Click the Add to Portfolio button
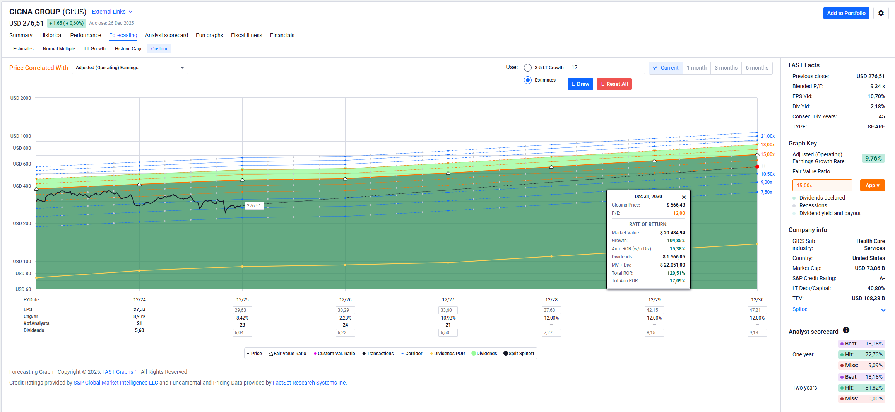[x=846, y=13]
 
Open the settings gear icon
[x=881, y=13]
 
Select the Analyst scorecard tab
[x=166, y=35]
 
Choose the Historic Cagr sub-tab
[x=128, y=49]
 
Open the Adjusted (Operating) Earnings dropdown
[x=130, y=68]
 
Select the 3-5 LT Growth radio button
[x=528, y=68]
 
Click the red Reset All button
[x=614, y=84]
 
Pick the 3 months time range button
[x=726, y=68]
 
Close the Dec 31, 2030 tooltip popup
[x=684, y=197]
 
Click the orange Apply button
[x=872, y=185]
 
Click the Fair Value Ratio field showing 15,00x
[x=822, y=185]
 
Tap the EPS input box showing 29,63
[x=243, y=310]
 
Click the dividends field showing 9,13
[x=757, y=333]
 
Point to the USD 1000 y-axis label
[x=21, y=136]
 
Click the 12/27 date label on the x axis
[x=448, y=300]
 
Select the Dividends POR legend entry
[x=448, y=354]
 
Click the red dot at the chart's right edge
[x=757, y=167]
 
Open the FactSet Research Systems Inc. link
[x=310, y=383]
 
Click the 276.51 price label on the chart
[x=254, y=206]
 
